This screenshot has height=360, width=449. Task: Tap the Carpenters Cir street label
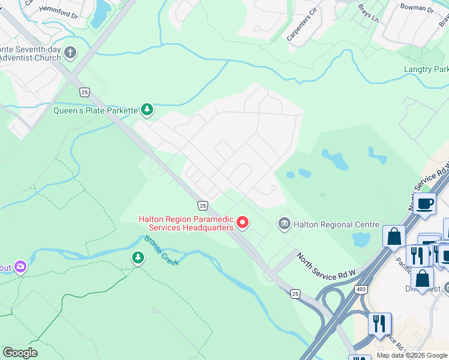[x=301, y=25]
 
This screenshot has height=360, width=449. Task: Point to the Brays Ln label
[x=369, y=13]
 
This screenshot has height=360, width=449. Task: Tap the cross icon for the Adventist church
[x=70, y=53]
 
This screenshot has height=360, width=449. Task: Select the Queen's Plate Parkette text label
[x=95, y=110]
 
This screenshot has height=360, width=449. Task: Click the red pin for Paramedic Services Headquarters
[x=243, y=223]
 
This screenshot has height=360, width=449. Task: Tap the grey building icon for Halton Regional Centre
[x=284, y=224]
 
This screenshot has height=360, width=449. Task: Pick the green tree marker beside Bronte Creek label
[x=138, y=258]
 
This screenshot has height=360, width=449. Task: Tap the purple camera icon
[x=21, y=266]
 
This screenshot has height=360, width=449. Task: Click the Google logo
[x=20, y=353]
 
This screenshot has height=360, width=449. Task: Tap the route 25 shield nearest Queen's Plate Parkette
[x=85, y=92]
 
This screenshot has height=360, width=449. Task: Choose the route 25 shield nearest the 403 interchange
[x=295, y=293]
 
